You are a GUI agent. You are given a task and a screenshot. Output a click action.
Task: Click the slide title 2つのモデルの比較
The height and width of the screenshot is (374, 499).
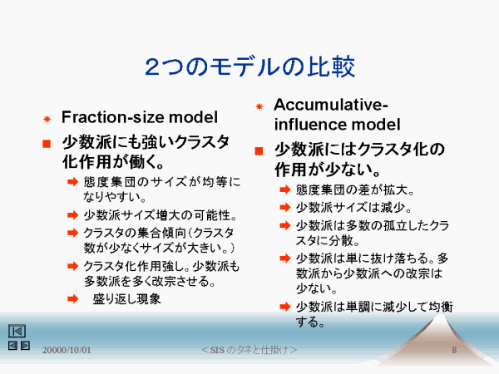pos(249,66)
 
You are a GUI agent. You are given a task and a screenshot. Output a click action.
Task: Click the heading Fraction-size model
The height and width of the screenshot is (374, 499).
pos(140,117)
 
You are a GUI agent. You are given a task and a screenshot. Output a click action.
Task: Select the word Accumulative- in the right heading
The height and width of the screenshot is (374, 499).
pos(331,105)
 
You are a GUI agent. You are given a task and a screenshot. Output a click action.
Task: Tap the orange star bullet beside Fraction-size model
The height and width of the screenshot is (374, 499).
pos(47,119)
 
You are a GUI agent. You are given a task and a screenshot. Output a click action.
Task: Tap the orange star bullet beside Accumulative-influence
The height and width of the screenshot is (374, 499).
pos(259,106)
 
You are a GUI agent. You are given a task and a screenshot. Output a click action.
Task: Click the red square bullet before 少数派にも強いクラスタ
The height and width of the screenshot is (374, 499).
pos(47,144)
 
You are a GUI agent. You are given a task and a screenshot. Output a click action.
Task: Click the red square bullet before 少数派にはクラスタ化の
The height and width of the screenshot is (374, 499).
pos(259,150)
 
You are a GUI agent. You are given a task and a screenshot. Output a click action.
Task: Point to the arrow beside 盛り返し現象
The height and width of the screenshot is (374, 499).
pos(73,299)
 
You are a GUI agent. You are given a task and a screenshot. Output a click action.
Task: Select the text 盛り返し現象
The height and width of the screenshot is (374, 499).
pos(126,299)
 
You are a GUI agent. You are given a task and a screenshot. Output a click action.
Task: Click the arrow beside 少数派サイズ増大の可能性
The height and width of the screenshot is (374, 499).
pos(73,215)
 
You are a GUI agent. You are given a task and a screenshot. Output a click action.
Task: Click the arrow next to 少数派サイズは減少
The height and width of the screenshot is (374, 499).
pos(285,207)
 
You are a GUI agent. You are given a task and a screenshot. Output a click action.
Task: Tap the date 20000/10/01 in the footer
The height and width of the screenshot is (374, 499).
pos(67,350)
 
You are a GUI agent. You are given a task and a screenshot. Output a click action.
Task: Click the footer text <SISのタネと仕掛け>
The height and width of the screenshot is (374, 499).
pos(249,350)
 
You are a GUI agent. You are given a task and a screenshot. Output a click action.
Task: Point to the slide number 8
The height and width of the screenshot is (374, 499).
pos(454,350)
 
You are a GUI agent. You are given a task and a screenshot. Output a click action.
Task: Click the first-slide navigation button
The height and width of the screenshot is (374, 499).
pos(17,331)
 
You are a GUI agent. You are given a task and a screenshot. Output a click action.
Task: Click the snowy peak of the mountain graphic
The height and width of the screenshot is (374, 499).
pos(440,318)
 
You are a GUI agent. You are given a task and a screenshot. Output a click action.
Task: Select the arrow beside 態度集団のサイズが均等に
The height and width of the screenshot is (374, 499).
pos(73,182)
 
